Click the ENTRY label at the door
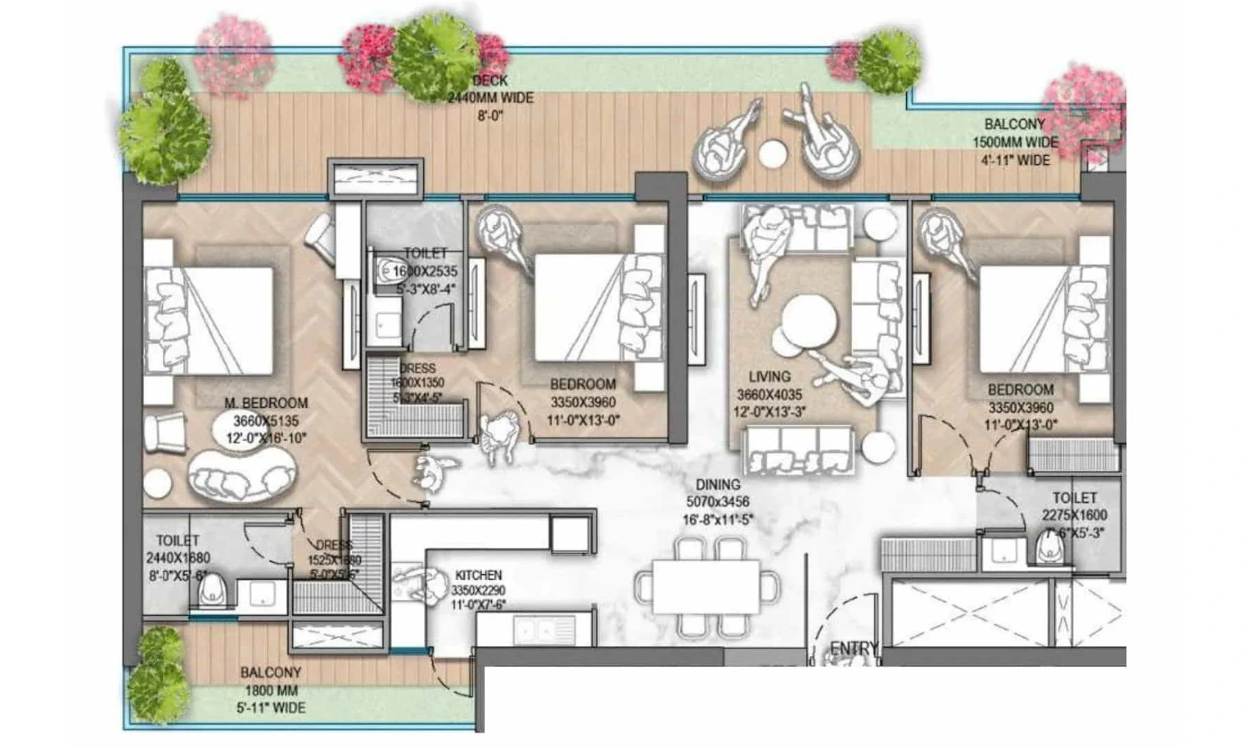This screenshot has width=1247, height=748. [854, 648]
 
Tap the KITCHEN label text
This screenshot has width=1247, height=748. [478, 575]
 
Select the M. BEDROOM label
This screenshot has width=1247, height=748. [266, 402]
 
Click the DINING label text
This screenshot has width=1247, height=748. [718, 484]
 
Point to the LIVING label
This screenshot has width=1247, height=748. [769, 376]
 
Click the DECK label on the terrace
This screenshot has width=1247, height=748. [490, 80]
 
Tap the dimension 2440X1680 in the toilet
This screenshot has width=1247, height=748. [177, 558]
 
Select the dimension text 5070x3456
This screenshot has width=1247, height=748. [718, 502]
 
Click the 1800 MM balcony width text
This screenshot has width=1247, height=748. [271, 690]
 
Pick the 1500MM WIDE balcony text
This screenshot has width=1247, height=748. [1016, 142]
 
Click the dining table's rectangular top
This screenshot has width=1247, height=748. [705, 587]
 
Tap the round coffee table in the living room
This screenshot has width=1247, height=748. [809, 319]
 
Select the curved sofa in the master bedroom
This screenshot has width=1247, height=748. [241, 476]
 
